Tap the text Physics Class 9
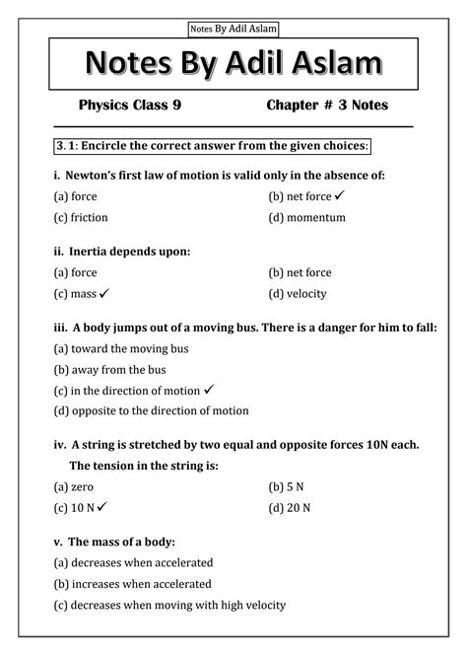coord(130,105)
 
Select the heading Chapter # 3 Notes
coord(327,105)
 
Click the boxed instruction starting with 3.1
coord(212,146)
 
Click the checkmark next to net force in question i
coord(338,195)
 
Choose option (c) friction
coord(81,217)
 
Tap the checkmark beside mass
coord(103,293)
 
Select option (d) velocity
coord(297,293)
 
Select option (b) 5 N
coord(288,486)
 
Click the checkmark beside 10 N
coord(101,506)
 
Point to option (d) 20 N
coord(290,507)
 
